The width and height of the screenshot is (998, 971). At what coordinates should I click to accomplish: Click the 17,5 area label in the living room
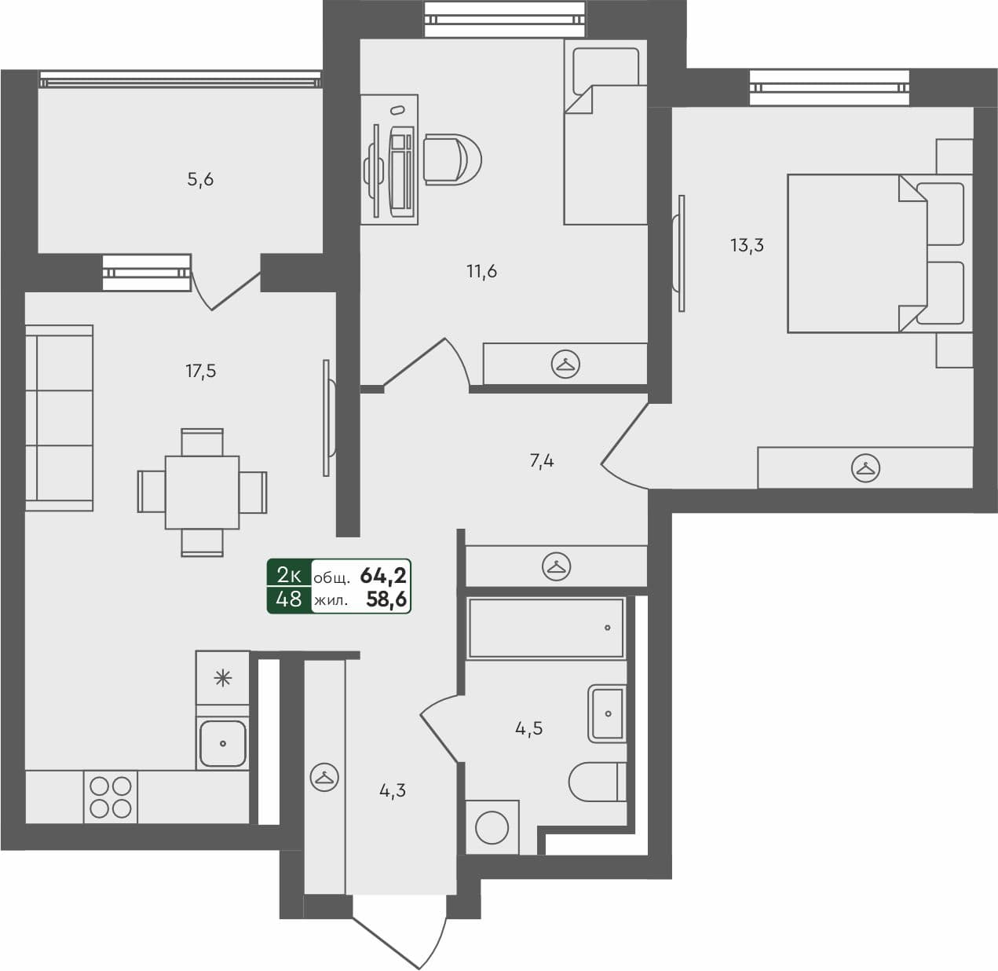point(201,371)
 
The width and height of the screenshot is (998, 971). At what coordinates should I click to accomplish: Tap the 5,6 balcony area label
point(200,179)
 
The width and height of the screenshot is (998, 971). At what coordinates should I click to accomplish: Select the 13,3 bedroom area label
point(747,245)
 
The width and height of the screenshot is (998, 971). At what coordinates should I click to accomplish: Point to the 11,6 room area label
point(481,272)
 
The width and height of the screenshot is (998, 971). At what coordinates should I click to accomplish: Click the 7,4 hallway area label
point(542,461)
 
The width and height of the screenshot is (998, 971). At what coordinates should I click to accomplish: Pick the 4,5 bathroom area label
point(528,728)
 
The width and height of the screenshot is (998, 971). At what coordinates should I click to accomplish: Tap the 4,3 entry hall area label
point(393,791)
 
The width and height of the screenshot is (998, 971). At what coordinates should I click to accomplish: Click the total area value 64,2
point(382,576)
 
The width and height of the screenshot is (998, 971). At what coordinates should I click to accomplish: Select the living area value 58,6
point(386,600)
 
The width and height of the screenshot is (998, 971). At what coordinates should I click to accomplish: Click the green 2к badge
point(289,575)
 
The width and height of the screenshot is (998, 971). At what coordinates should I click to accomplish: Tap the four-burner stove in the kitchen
point(111,797)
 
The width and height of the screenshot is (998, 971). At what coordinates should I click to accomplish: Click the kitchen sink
point(222,743)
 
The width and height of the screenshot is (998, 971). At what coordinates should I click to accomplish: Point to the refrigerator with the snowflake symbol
point(223,677)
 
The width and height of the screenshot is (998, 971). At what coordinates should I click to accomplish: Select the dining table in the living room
point(202,493)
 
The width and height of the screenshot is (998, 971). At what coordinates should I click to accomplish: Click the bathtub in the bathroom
point(547,628)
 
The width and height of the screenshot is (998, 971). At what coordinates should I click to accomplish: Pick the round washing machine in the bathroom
point(492,827)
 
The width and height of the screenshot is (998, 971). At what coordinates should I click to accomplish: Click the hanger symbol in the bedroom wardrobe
point(865,469)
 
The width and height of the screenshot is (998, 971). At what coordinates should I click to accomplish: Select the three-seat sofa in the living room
point(59,418)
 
